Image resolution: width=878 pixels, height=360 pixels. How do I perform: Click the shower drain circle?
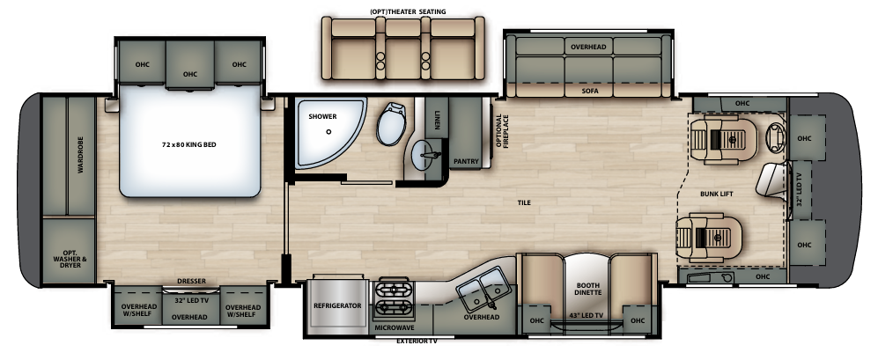pyautogui.click(x=328, y=132)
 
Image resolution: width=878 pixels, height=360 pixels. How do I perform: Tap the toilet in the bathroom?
pyautogui.click(x=392, y=124)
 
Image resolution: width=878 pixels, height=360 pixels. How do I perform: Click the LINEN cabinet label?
pyautogui.click(x=437, y=120)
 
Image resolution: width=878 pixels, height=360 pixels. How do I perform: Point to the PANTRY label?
pyautogui.click(x=466, y=162)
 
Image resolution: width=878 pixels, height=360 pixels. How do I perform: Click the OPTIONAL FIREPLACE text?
pyautogui.click(x=502, y=131)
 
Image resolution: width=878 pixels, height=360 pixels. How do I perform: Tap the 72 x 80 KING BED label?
pyautogui.click(x=188, y=145)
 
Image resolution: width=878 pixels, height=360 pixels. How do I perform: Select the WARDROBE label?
pyautogui.click(x=80, y=155)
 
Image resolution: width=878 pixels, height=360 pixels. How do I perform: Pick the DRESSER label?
pyautogui.click(x=191, y=281)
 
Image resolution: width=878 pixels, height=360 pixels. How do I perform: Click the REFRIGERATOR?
pyautogui.click(x=337, y=305)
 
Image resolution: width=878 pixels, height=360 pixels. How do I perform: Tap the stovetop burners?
pyautogui.click(x=393, y=299)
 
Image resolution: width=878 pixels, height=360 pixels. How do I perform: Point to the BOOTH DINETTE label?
pyautogui.click(x=587, y=289)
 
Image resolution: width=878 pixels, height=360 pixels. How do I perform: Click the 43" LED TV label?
pyautogui.click(x=587, y=316)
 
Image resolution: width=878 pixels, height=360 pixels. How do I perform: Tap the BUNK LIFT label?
pyautogui.click(x=716, y=194)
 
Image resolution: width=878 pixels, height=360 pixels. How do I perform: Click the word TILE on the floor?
pyautogui.click(x=524, y=202)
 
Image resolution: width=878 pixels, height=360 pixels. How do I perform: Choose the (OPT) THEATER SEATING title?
pyautogui.click(x=408, y=11)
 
